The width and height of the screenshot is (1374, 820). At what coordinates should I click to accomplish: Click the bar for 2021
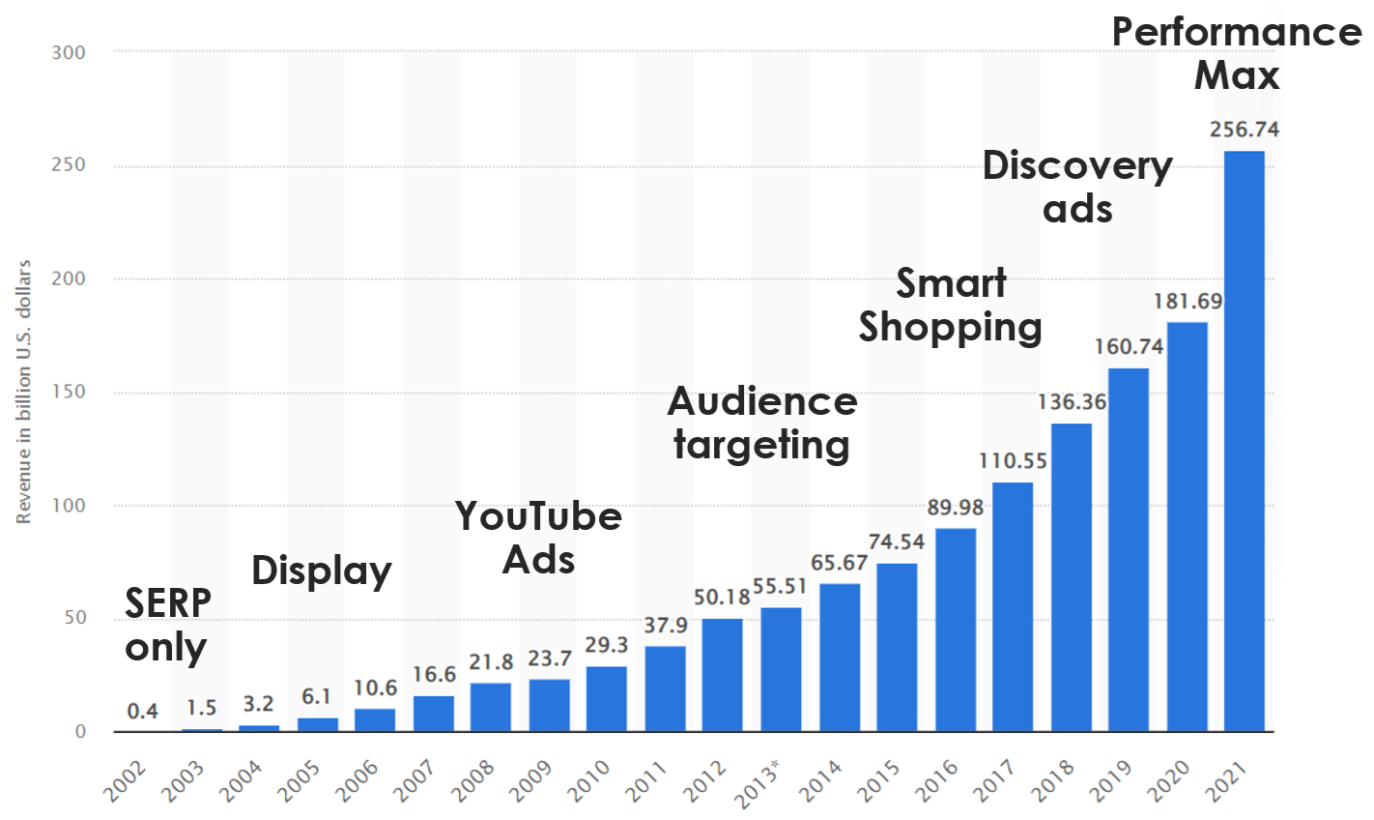click(1244, 441)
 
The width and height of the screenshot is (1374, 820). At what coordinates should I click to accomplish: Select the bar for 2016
click(955, 630)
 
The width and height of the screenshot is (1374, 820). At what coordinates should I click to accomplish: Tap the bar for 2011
click(665, 688)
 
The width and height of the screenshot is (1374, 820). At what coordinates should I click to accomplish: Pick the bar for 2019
click(1128, 549)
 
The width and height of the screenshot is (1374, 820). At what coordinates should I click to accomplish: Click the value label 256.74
click(1244, 130)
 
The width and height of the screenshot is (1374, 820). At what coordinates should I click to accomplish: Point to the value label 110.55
click(1013, 461)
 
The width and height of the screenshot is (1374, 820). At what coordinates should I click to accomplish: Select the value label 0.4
click(142, 712)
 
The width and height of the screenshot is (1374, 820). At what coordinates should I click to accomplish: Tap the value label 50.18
click(722, 598)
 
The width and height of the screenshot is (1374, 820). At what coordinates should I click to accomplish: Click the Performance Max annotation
click(1236, 53)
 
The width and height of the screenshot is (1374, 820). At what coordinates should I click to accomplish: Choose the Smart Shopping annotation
click(951, 306)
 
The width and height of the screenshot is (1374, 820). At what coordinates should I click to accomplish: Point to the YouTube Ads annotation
click(538, 538)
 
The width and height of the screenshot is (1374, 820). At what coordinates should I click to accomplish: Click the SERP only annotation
click(167, 625)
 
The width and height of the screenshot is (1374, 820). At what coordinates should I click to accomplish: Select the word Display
click(321, 571)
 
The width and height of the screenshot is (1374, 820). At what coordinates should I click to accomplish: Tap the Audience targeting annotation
click(761, 424)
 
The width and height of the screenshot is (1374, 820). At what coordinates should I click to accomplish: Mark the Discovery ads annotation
click(1077, 188)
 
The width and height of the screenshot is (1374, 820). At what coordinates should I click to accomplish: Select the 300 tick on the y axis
click(69, 52)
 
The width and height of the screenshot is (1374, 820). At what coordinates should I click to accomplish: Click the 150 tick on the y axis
click(69, 392)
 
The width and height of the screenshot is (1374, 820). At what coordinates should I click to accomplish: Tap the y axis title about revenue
click(24, 392)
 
